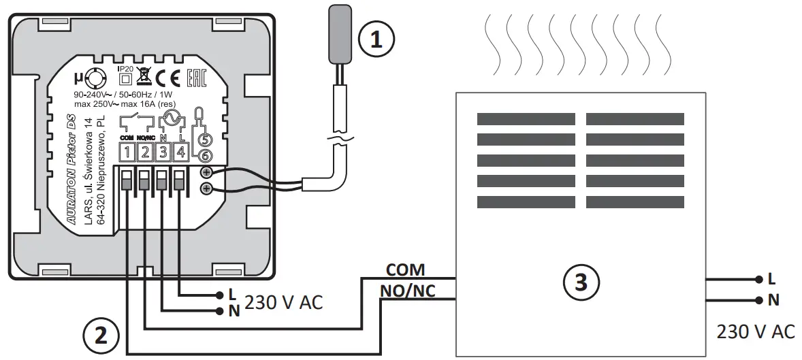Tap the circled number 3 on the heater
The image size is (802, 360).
click(x=580, y=280)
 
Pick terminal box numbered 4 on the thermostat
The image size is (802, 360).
click(x=180, y=152)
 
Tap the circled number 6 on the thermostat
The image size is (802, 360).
click(x=203, y=156)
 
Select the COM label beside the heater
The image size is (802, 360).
click(x=405, y=270)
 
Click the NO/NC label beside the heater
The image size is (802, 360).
click(x=408, y=291)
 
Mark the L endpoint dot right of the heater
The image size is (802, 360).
click(x=758, y=279)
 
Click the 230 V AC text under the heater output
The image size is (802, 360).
click(x=755, y=331)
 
